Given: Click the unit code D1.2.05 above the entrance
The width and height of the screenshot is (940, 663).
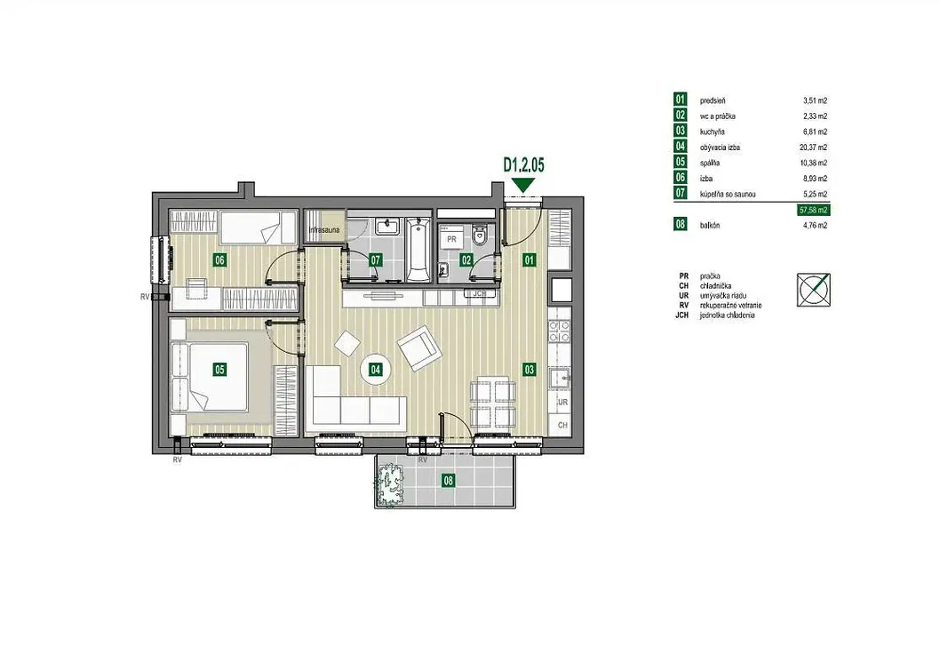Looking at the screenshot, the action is pyautogui.click(x=523, y=164).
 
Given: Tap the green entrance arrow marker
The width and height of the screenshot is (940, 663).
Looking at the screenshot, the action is pyautogui.click(x=523, y=185).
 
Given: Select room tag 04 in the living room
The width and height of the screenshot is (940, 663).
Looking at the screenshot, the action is pyautogui.click(x=375, y=369).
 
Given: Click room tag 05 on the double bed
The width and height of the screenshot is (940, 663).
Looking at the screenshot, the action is pyautogui.click(x=219, y=369).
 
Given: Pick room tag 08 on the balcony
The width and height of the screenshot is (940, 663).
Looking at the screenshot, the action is pyautogui.click(x=448, y=480).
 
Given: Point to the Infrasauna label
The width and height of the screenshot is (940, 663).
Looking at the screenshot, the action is pyautogui.click(x=323, y=229).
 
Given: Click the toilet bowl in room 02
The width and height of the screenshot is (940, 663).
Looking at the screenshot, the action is pyautogui.click(x=480, y=236).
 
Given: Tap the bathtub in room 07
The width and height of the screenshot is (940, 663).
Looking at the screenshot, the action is pyautogui.click(x=418, y=250).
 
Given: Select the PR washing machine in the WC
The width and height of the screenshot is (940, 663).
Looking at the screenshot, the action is pyautogui.click(x=451, y=238).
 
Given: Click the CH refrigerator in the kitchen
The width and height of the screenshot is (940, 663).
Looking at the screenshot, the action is pyautogui.click(x=562, y=425).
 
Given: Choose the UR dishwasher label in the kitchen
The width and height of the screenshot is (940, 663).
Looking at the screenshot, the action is pyautogui.click(x=562, y=403).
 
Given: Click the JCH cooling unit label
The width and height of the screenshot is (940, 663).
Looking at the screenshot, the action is pyautogui.click(x=480, y=294).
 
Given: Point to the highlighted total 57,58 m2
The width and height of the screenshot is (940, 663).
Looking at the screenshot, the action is pyautogui.click(x=814, y=210).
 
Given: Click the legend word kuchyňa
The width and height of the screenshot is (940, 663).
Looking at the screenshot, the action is pyautogui.click(x=713, y=132).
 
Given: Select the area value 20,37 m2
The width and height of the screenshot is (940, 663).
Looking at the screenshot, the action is pyautogui.click(x=813, y=148).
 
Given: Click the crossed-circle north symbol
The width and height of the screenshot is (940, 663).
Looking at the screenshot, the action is pyautogui.click(x=814, y=290).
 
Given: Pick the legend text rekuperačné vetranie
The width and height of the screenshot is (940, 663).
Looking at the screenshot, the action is pyautogui.click(x=730, y=306).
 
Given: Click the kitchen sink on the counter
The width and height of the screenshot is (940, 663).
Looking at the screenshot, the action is pyautogui.click(x=560, y=379).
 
